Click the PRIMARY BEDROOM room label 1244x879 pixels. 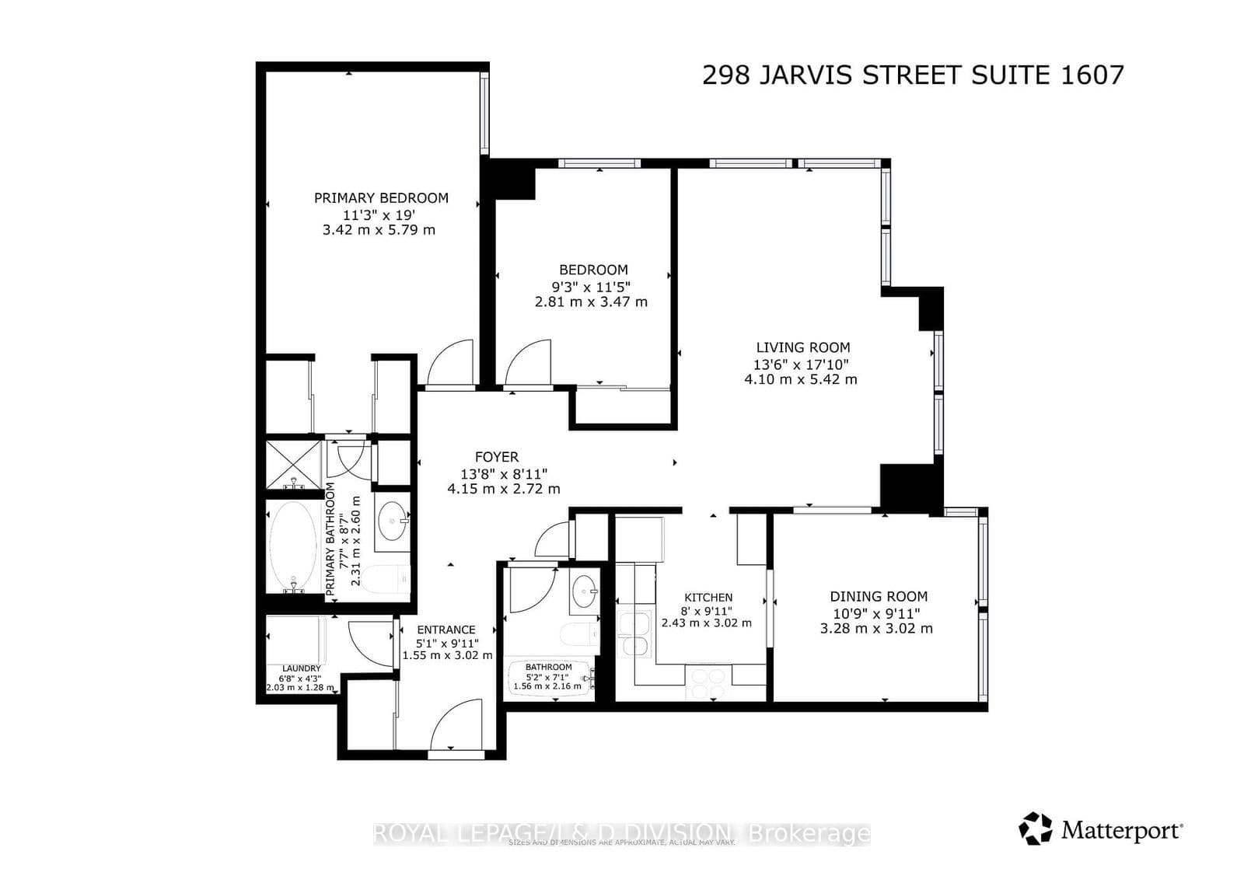click(381, 197)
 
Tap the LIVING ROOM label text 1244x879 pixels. click(802, 347)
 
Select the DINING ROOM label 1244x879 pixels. click(879, 596)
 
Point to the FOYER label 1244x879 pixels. click(497, 457)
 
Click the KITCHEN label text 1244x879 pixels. click(708, 597)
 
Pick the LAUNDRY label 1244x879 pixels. click(301, 668)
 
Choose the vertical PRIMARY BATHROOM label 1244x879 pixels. click(330, 539)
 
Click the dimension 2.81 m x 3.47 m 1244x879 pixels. click(591, 302)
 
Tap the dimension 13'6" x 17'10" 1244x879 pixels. click(801, 364)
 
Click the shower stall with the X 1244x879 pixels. click(293, 465)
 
